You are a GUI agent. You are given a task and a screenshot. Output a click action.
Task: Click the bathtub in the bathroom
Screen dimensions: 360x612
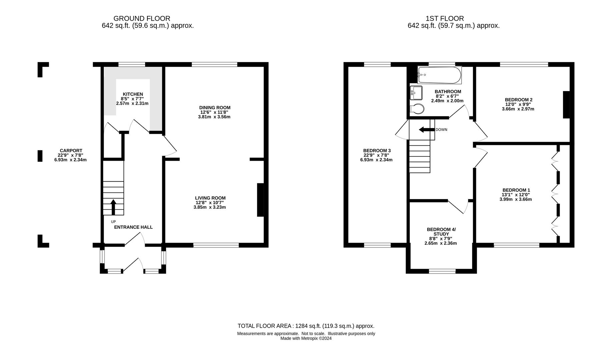440,75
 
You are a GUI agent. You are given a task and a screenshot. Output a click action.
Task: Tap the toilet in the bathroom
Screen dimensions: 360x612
417,109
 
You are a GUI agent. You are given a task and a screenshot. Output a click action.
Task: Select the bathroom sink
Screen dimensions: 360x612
416,93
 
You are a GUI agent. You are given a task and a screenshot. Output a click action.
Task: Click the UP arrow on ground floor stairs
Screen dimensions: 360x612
113,207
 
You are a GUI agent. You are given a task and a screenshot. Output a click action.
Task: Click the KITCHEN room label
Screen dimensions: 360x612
133,94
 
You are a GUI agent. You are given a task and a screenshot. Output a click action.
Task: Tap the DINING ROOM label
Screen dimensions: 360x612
215,108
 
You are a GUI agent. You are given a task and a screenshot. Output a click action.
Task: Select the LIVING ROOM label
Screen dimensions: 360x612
210,198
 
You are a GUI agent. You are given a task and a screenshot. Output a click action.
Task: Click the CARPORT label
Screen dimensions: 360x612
71,151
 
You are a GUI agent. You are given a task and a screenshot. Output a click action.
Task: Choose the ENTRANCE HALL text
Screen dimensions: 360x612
133,227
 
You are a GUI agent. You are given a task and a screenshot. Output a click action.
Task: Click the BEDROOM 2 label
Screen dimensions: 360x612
518,100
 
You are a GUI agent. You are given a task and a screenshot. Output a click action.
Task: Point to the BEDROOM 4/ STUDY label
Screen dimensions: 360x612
441,232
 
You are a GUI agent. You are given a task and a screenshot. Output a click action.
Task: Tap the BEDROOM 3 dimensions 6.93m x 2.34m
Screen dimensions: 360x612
376,160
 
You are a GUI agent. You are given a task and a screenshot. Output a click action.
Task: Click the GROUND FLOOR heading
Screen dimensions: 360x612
142,19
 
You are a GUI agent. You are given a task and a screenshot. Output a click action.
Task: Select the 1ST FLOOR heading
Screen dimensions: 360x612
445,19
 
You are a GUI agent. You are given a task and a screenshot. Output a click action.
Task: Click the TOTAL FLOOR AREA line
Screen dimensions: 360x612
306,326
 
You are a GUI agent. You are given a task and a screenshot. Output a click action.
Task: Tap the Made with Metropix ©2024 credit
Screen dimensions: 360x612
306,338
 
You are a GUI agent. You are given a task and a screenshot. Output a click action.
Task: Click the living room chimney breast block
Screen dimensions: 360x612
260,200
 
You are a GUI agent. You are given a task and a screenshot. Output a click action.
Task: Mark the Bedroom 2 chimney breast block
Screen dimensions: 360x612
566,105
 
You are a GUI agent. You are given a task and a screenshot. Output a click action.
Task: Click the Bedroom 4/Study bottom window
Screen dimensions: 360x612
442,272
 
